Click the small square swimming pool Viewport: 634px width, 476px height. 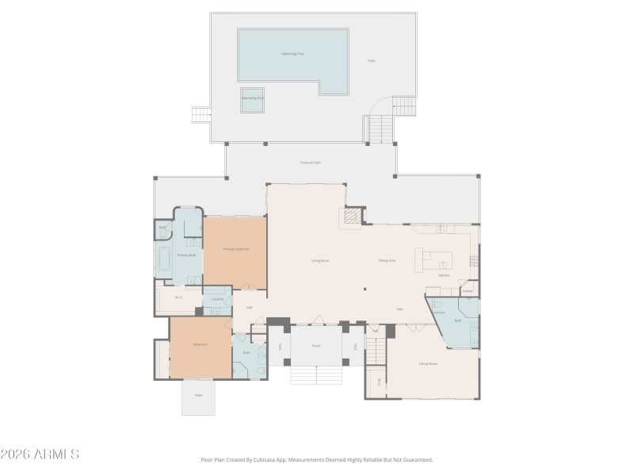(x=254, y=99)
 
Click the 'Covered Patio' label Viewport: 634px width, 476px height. (x=311, y=163)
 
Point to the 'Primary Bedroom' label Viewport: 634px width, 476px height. (x=236, y=249)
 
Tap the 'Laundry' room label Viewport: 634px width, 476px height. (x=217, y=299)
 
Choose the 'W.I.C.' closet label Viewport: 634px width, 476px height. (x=178, y=297)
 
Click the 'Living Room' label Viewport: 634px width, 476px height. (x=320, y=260)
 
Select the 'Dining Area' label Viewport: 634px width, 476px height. (x=387, y=260)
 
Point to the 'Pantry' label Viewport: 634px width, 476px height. (x=468, y=290)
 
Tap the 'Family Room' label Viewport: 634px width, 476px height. (x=428, y=363)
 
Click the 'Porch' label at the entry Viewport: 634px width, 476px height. (x=315, y=346)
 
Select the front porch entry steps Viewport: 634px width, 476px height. (x=315, y=374)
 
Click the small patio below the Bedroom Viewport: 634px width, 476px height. (x=198, y=397)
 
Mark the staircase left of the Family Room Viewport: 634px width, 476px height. (x=375, y=351)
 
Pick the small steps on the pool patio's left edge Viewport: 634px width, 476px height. (x=201, y=116)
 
